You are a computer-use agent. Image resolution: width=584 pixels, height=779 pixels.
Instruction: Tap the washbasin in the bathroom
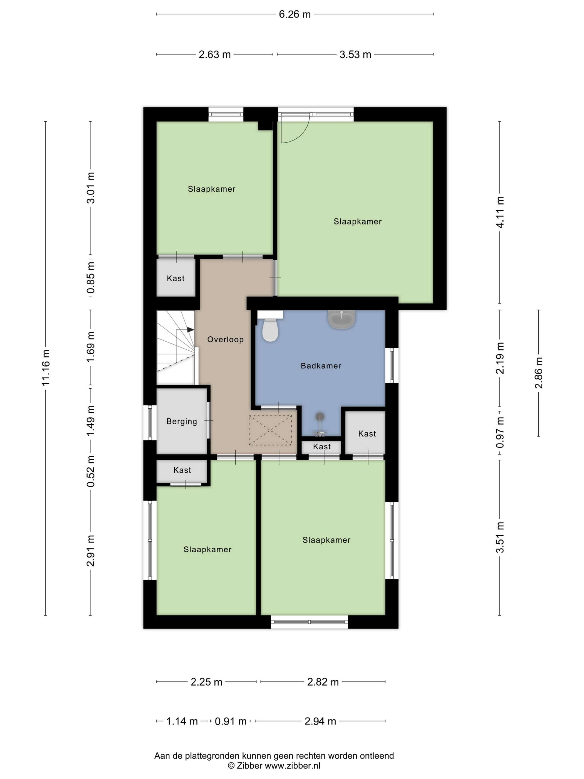tap(342, 319)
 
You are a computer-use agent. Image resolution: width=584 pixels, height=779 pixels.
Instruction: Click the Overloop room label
tap(225, 339)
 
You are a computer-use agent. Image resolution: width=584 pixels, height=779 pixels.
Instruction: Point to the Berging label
tap(182, 421)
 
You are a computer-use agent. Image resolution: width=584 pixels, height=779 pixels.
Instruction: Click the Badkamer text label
tap(321, 366)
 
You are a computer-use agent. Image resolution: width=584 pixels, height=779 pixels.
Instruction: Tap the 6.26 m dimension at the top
tap(295, 14)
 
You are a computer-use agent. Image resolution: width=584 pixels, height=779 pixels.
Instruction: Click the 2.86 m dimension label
tap(539, 373)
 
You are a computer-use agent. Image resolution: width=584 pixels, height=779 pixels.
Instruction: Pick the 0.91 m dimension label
tap(231, 721)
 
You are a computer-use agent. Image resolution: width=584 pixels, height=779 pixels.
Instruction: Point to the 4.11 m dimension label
tap(500, 212)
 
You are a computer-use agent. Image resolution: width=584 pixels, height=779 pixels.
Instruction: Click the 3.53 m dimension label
tap(355, 55)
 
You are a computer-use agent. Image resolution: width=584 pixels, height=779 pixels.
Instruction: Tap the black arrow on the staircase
tap(190, 330)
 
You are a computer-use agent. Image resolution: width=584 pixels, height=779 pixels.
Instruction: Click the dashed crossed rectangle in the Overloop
tap(270, 430)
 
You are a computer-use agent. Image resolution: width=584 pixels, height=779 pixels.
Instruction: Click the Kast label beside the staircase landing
tap(176, 278)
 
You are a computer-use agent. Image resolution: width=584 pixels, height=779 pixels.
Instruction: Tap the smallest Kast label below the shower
tap(322, 447)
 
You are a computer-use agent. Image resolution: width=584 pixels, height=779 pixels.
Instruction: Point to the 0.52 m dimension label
tap(91, 472)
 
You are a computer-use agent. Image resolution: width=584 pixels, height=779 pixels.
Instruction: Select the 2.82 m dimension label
tap(323, 682)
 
